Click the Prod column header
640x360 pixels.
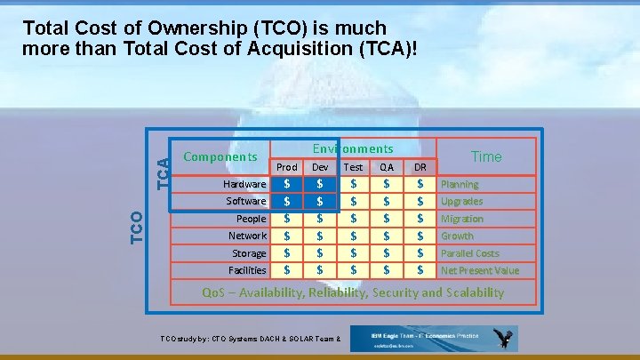coord(287,167)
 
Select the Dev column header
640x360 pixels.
coord(320,167)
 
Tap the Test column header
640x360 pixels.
coord(353,167)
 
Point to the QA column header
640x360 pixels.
coord(386,167)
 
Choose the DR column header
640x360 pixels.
coord(420,167)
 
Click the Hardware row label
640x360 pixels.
coord(244,184)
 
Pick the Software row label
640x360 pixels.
coord(245,201)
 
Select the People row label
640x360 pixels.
coord(251,219)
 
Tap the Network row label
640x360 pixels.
coord(247,236)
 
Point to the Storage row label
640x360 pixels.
coord(249,253)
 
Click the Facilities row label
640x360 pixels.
coord(247,270)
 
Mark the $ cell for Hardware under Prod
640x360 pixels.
coord(286,184)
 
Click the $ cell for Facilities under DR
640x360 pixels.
coord(420,270)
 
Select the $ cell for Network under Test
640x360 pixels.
coord(353,236)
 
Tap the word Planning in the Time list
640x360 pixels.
coord(460,184)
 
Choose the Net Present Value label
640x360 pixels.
coord(480,270)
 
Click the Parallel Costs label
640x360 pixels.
coord(470,253)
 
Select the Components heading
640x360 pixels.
coord(220,156)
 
